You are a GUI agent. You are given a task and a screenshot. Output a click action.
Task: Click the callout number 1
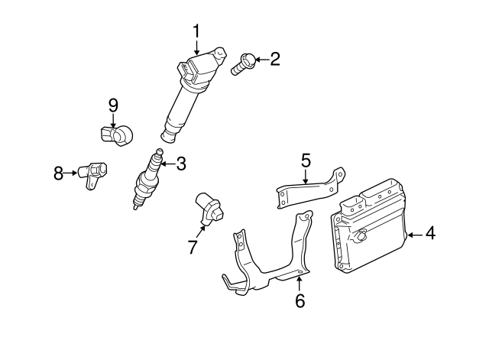pyautogui.click(x=196, y=31)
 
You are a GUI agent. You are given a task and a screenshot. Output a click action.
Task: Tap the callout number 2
pyautogui.click(x=275, y=59)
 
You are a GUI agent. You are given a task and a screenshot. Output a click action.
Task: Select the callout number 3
pyautogui.click(x=181, y=164)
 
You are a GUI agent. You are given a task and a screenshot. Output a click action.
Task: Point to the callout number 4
pyautogui.click(x=430, y=233)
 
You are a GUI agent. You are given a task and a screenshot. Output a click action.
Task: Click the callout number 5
pyautogui.click(x=306, y=161)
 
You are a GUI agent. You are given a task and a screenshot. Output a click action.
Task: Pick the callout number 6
pyautogui.click(x=300, y=300)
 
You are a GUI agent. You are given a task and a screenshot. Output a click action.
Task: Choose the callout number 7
pyautogui.click(x=193, y=247)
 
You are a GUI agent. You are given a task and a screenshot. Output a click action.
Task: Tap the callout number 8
pyautogui.click(x=58, y=174)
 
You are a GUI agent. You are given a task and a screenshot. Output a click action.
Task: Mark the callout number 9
pyautogui.click(x=113, y=105)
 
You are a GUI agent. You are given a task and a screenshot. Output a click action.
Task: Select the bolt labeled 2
pyautogui.click(x=243, y=64)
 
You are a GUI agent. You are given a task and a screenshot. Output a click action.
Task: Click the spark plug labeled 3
pyautogui.click(x=148, y=179)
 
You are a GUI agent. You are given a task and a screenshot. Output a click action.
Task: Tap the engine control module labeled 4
pyautogui.click(x=369, y=228)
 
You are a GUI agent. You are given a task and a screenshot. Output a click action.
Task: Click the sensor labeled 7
pyautogui.click(x=209, y=209)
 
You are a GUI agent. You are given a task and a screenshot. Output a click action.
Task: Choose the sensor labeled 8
pyautogui.click(x=92, y=175)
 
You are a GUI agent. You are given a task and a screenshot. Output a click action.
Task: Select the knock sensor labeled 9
pyautogui.click(x=117, y=135)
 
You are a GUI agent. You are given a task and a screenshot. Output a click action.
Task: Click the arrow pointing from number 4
pyautogui.click(x=416, y=235)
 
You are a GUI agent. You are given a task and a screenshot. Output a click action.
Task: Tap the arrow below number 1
pyautogui.click(x=196, y=47)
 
